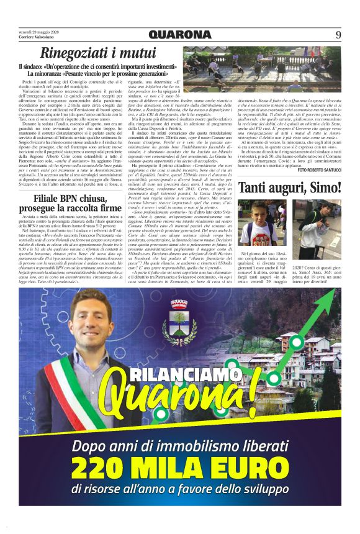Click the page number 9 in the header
(338, 35)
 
